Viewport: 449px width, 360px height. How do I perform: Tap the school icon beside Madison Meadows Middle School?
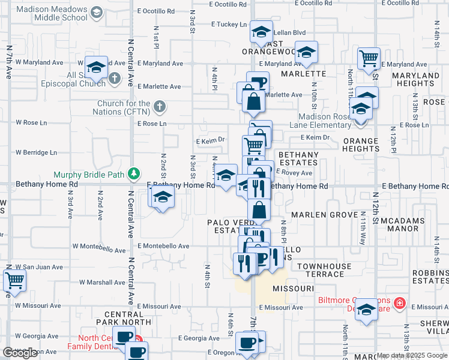pos(95,13)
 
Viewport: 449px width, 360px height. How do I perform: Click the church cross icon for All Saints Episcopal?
pos(113,77)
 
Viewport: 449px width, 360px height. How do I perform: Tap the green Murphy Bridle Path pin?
pos(137,173)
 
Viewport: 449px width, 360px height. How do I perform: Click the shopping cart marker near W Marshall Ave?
pos(14,280)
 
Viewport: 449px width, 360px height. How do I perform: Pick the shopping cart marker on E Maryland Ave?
pos(368,59)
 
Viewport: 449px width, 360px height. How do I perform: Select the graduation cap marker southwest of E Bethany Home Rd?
pos(161,198)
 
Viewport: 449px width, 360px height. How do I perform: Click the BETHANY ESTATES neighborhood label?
pos(298,158)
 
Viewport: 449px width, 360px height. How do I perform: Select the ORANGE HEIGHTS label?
pos(361,145)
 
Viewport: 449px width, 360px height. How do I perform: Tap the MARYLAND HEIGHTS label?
pos(415,80)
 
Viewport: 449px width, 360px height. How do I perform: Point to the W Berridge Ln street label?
pos(36,152)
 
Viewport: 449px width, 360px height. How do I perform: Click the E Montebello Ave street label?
pos(163,246)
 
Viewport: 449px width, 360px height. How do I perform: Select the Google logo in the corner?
pos(20,353)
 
